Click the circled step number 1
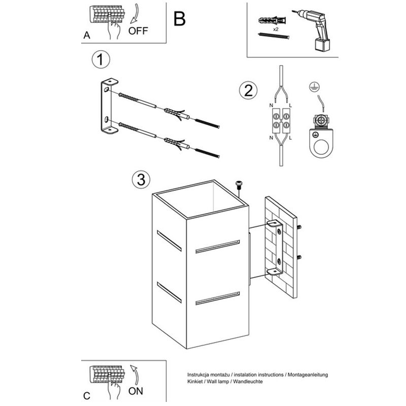pos(100,60)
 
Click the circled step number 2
pos(248,91)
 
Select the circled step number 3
pos(141,179)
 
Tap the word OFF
pos(138,30)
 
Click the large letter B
pos(179,19)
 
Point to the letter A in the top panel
pos(87,36)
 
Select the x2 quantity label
pos(276,30)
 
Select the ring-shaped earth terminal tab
pos(320,147)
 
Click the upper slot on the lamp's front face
pos(217,247)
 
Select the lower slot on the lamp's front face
pos(217,298)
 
